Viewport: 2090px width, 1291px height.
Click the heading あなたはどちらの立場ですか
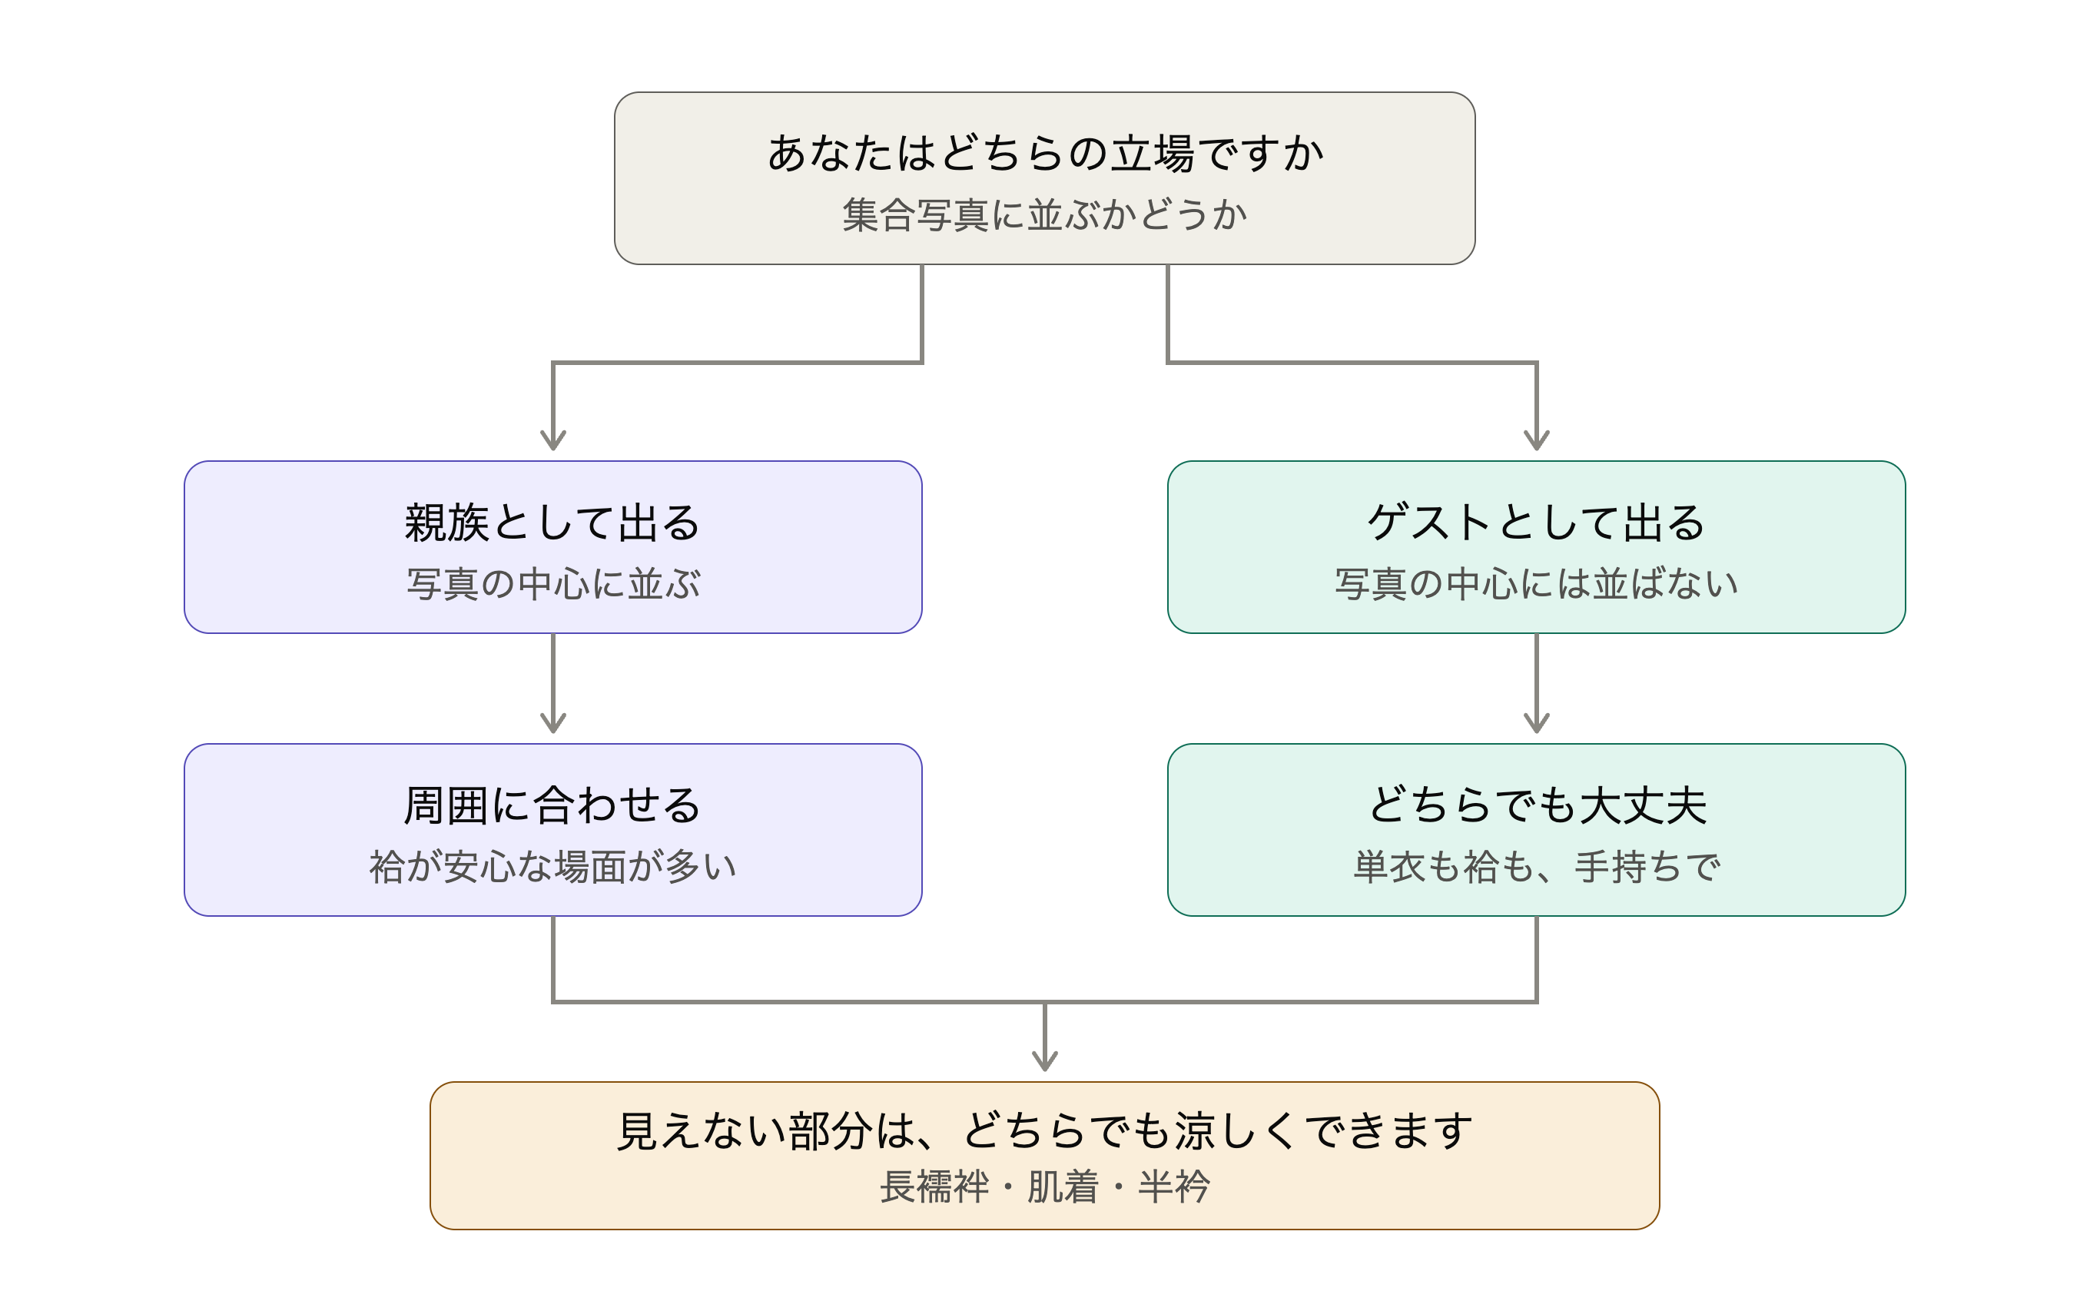[x=1045, y=154]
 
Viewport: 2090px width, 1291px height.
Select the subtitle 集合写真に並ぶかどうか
[x=1045, y=214]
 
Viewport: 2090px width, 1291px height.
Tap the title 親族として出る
[x=552, y=523]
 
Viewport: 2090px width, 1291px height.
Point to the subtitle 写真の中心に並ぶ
[x=552, y=584]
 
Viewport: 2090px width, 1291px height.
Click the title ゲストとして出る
[x=1536, y=523]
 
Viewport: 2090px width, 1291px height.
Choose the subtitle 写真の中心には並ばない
[x=1536, y=584]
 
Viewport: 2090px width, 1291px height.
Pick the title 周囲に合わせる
[x=552, y=805]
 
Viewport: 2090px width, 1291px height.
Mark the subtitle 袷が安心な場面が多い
[x=552, y=867]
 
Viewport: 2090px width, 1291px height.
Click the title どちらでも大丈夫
[x=1538, y=805]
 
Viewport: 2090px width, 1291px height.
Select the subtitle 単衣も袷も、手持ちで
[x=1536, y=867]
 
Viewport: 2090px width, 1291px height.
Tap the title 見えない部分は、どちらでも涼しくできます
[x=1044, y=1131]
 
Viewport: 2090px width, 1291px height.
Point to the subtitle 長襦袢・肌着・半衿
[x=1044, y=1186]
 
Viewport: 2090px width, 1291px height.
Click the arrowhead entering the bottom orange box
[x=1045, y=1061]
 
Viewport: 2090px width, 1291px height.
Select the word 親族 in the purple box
[x=446, y=523]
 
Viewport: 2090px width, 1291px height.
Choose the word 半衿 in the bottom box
[x=1174, y=1186]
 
